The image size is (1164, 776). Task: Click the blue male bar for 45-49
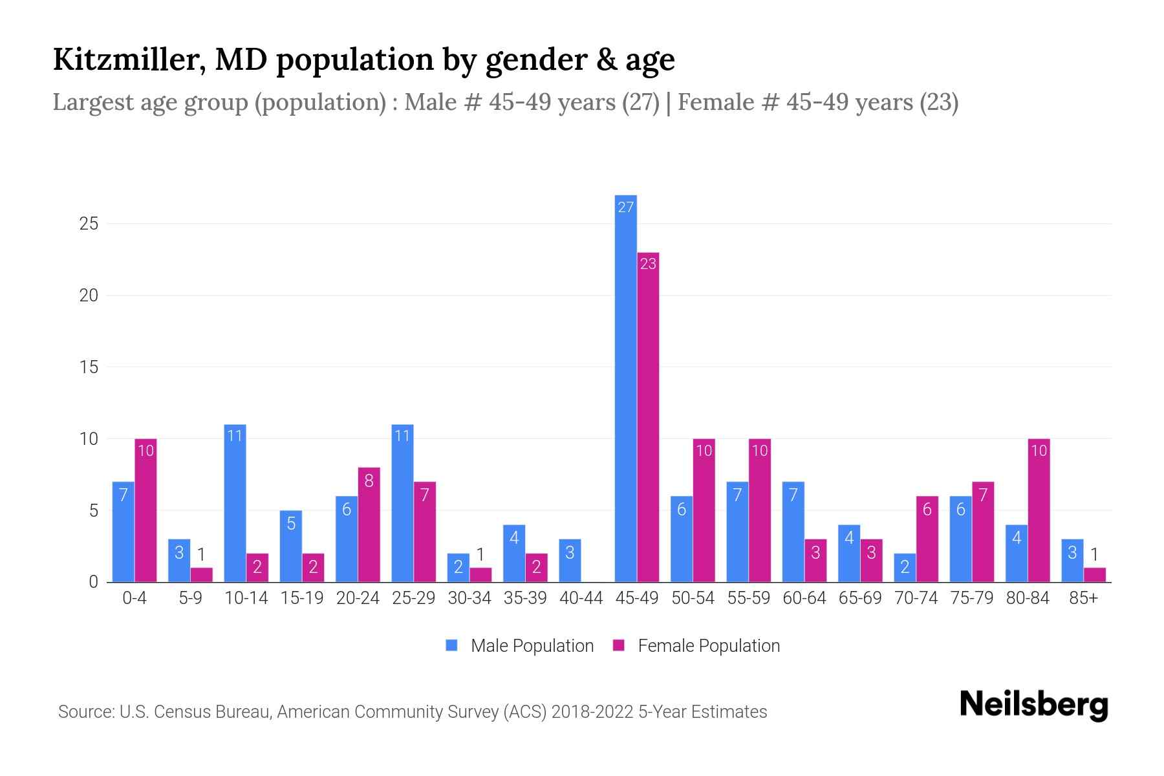tap(625, 388)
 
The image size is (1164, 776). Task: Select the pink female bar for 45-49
tap(648, 417)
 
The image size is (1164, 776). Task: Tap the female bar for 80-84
tap(1039, 511)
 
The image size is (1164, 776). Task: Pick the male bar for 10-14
tap(235, 503)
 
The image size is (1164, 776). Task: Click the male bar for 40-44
tap(570, 561)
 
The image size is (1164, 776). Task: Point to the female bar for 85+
tap(1094, 575)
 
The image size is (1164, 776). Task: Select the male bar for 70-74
tap(905, 568)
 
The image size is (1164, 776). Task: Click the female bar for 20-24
tap(369, 524)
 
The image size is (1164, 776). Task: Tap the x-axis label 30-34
tap(469, 598)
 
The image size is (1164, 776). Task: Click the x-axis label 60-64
tap(804, 598)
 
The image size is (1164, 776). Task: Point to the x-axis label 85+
tap(1083, 598)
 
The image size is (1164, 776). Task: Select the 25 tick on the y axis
tap(89, 224)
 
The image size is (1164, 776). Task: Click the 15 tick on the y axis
tap(89, 367)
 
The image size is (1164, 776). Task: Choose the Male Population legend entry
tap(532, 646)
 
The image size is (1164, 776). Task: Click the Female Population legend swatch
tap(619, 645)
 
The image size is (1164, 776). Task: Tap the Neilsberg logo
tap(1033, 705)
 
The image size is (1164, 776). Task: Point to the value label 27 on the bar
tap(625, 207)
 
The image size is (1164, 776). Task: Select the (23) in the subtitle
tap(939, 102)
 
